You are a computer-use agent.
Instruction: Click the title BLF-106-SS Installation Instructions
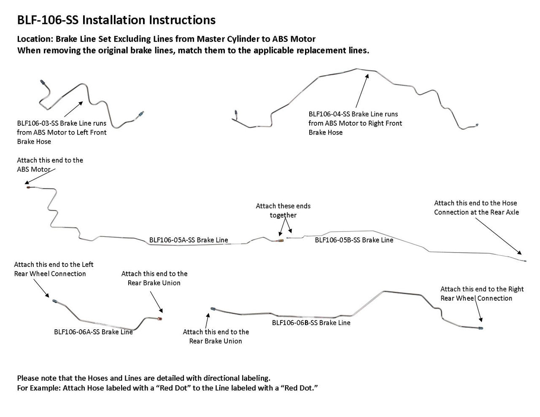(116, 20)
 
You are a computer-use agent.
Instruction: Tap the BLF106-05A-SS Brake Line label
(189, 240)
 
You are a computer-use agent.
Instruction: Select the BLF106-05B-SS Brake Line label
(354, 240)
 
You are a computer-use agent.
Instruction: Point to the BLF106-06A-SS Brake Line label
(93, 332)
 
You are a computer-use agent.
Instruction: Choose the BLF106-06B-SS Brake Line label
(311, 323)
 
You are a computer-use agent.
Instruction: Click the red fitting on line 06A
(159, 319)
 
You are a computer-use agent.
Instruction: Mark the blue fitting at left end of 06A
(54, 301)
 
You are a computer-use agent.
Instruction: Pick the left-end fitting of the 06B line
(213, 309)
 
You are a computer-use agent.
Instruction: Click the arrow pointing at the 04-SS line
(362, 91)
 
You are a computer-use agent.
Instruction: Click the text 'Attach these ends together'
(283, 210)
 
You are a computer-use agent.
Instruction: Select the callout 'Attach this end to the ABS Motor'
(50, 164)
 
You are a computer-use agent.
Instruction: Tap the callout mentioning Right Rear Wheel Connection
(482, 293)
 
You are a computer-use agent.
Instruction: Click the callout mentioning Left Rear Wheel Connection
(54, 269)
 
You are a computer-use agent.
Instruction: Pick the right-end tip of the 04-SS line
(477, 125)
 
